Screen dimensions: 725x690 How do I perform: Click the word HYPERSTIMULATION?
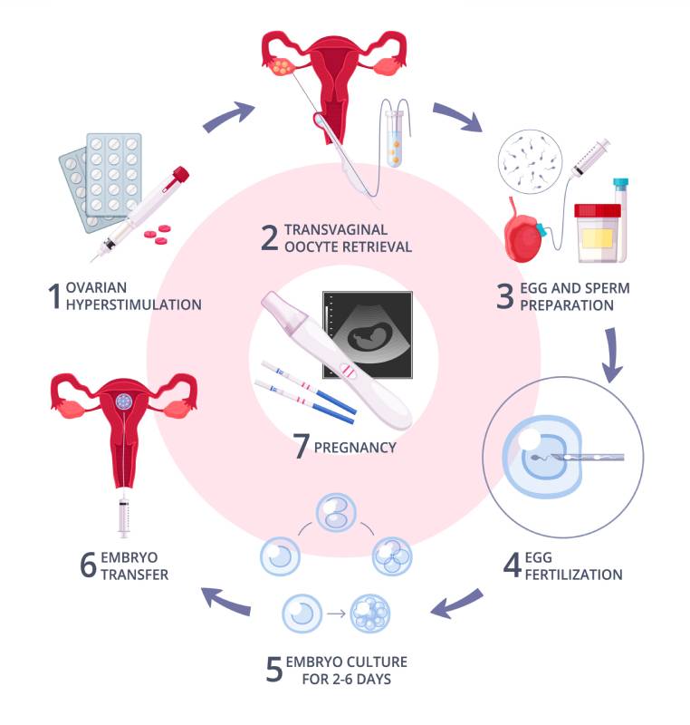(x=133, y=304)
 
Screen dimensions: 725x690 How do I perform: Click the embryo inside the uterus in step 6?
(x=122, y=399)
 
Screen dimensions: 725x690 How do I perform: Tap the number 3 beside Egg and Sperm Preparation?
(x=505, y=297)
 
